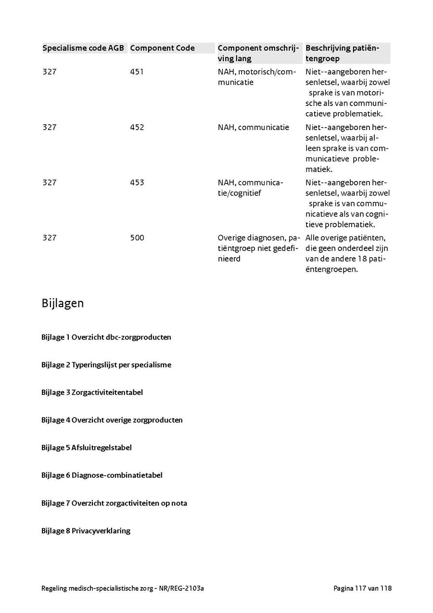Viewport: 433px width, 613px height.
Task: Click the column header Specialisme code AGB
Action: (x=83, y=48)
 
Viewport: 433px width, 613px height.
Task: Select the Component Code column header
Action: (x=162, y=48)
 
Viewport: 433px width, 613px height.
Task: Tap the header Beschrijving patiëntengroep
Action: (x=342, y=53)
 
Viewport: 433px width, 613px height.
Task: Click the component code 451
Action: (x=137, y=72)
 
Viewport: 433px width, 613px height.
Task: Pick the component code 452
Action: (x=137, y=127)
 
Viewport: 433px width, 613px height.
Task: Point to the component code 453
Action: (x=137, y=183)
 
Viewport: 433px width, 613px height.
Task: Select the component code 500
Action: (x=137, y=238)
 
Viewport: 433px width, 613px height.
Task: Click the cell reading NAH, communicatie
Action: (x=253, y=127)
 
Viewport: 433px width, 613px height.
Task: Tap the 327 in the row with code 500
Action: (x=49, y=238)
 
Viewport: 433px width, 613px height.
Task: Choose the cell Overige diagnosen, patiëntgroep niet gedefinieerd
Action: (x=259, y=248)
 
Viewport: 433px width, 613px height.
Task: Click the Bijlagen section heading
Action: (x=63, y=303)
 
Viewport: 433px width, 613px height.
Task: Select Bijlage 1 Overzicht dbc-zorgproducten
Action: (x=106, y=337)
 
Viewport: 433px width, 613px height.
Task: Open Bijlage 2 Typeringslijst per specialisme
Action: (x=106, y=365)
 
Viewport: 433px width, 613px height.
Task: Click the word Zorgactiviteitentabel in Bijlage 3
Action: (x=107, y=392)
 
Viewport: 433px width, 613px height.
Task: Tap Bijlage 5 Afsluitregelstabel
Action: (x=86, y=448)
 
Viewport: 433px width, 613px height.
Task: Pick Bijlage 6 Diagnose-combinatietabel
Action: (x=102, y=475)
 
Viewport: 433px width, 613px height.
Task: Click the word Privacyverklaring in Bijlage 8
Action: (x=101, y=531)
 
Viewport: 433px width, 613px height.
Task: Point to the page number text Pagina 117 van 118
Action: (x=362, y=588)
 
